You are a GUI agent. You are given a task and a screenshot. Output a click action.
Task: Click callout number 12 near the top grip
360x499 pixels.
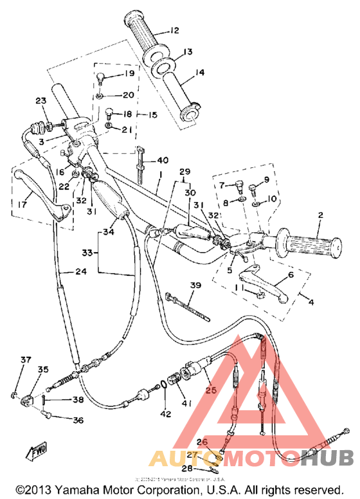tap(174, 30)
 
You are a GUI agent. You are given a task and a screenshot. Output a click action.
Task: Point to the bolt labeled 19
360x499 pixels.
tap(100, 78)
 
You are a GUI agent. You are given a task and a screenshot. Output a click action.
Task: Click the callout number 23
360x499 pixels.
tap(40, 101)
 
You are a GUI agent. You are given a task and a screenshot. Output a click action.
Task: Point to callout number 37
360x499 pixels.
tap(25, 359)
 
